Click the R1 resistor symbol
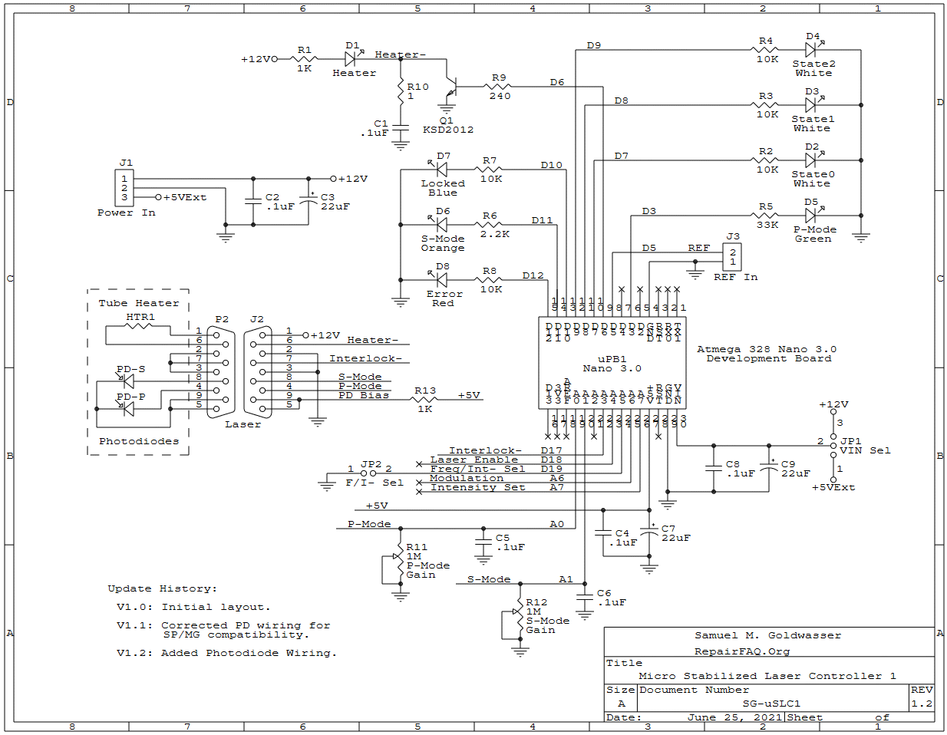point(305,59)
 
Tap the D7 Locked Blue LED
point(441,170)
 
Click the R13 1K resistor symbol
point(424,400)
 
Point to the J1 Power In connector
point(124,188)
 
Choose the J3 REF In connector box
point(732,257)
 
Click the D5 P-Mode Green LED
point(810,216)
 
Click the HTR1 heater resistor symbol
point(139,326)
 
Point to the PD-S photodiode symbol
point(128,381)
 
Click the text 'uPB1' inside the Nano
point(612,358)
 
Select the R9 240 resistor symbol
point(499,87)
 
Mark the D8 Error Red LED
point(441,280)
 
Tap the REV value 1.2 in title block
point(922,704)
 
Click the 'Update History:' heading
point(162,588)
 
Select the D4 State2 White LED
point(810,50)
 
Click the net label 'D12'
point(533,275)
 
